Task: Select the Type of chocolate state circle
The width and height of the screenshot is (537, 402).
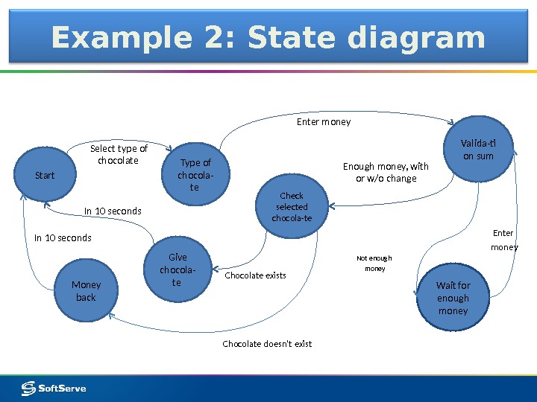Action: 195,175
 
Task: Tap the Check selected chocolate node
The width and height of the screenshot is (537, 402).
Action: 292,207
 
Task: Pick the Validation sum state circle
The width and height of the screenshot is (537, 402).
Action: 477,150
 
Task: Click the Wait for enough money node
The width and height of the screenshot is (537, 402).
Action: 453,298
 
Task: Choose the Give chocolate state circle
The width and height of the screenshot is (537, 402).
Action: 177,270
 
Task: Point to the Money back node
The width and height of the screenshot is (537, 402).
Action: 86,290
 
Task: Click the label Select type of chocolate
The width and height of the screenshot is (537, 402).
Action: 119,154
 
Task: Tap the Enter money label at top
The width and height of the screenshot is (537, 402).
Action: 324,121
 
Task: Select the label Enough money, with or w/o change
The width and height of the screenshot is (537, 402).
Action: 386,172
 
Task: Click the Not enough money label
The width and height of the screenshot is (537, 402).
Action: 374,264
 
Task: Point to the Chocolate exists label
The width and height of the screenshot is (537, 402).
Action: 255,275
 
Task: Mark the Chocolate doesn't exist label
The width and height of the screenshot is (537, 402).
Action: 267,344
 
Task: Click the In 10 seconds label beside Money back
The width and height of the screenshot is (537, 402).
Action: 63,238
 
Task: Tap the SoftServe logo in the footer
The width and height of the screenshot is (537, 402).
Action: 54,388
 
